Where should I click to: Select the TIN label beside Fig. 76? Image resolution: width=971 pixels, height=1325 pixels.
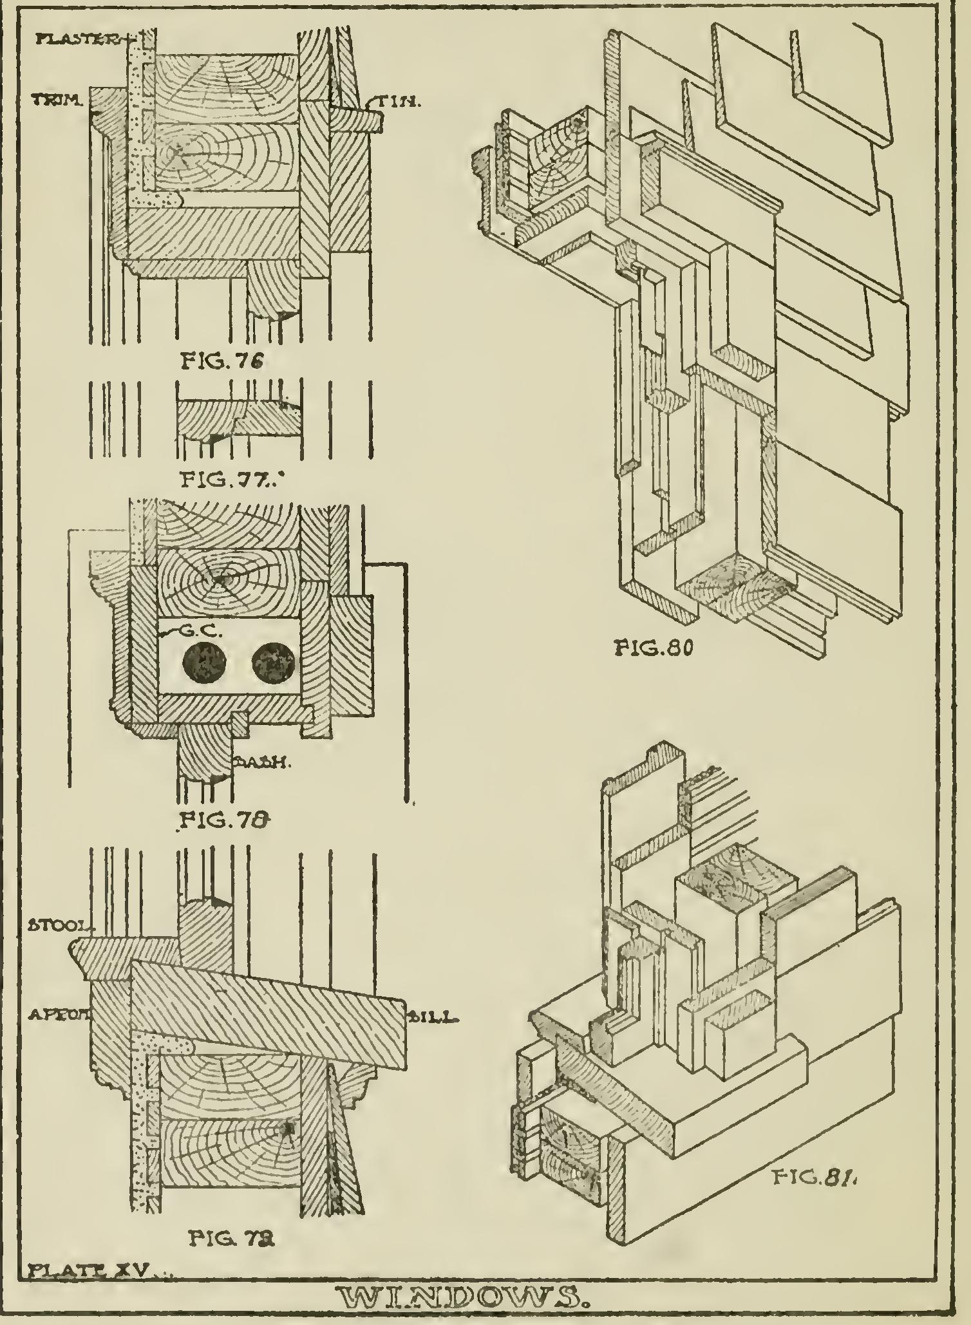coord(402,102)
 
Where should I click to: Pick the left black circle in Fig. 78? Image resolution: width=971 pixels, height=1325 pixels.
coord(203,664)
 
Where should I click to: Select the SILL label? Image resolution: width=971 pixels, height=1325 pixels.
coord(433,1018)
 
